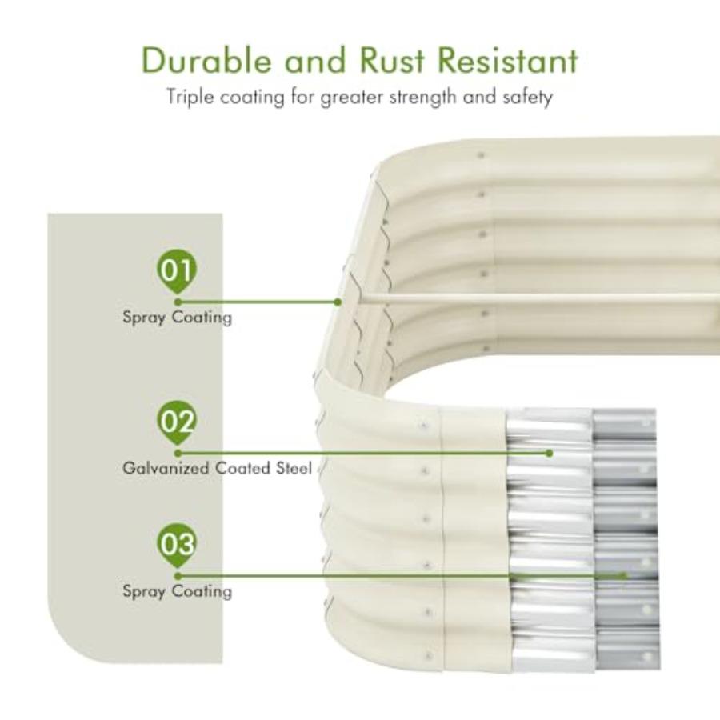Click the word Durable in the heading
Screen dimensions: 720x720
[206, 60]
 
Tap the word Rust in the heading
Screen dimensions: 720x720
[392, 60]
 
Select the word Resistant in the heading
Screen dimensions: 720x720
[508, 60]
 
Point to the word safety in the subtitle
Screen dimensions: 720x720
[527, 98]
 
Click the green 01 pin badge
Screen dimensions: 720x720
[176, 272]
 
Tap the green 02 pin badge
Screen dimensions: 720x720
[176, 422]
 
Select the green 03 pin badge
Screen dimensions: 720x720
[176, 545]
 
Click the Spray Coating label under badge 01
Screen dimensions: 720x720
[178, 318]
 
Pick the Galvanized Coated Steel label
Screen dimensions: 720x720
[217, 468]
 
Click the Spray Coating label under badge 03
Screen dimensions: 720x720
[178, 591]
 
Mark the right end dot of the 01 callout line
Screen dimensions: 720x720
[338, 302]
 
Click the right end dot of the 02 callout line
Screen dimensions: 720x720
[549, 454]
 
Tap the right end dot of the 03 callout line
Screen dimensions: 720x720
[623, 576]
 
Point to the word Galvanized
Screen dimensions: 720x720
[166, 469]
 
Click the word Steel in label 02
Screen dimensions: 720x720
[294, 468]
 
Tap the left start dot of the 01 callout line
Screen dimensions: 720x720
[178, 302]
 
